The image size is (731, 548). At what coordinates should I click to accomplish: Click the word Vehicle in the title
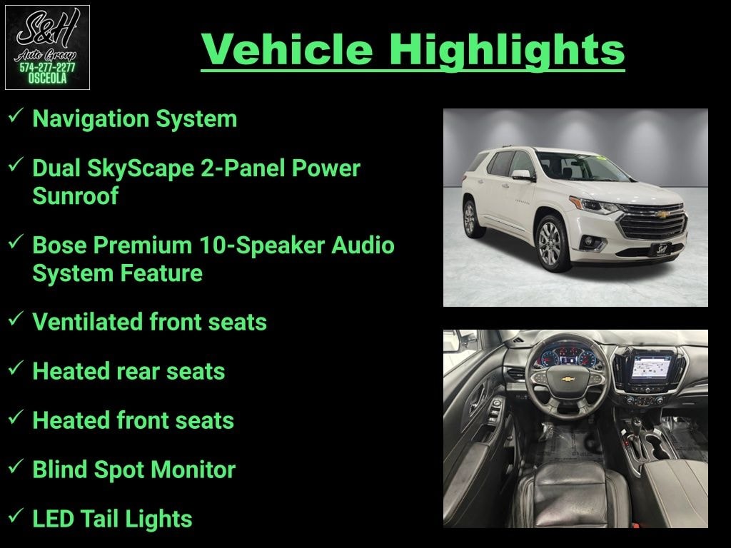[x=287, y=49]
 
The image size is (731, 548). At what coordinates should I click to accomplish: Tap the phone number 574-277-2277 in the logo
[x=47, y=68]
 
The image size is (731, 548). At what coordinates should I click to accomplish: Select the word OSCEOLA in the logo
[x=47, y=78]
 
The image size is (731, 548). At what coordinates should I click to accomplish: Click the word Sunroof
[x=75, y=196]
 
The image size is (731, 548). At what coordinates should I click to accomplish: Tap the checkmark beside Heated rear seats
[x=16, y=367]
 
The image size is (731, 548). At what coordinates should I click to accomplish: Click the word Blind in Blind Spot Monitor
[x=60, y=470]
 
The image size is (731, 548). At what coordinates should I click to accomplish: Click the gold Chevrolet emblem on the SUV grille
[x=662, y=214]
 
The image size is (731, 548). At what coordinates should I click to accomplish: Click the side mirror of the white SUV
[x=522, y=176]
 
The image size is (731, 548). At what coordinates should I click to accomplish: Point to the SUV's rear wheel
[x=470, y=218]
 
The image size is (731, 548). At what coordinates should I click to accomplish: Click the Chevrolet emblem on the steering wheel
[x=568, y=379]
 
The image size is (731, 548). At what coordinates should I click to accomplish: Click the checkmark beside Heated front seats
[x=16, y=417]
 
